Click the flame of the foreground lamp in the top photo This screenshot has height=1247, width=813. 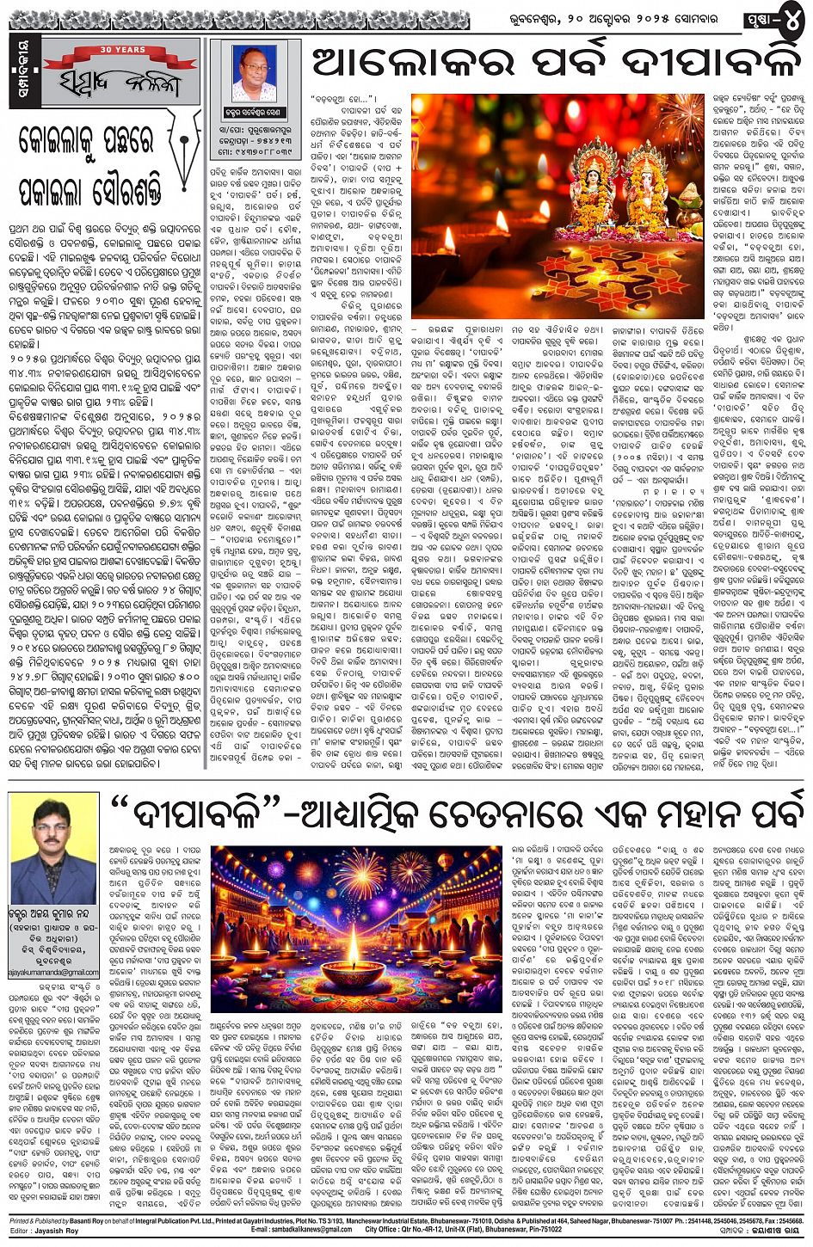click(447, 236)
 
